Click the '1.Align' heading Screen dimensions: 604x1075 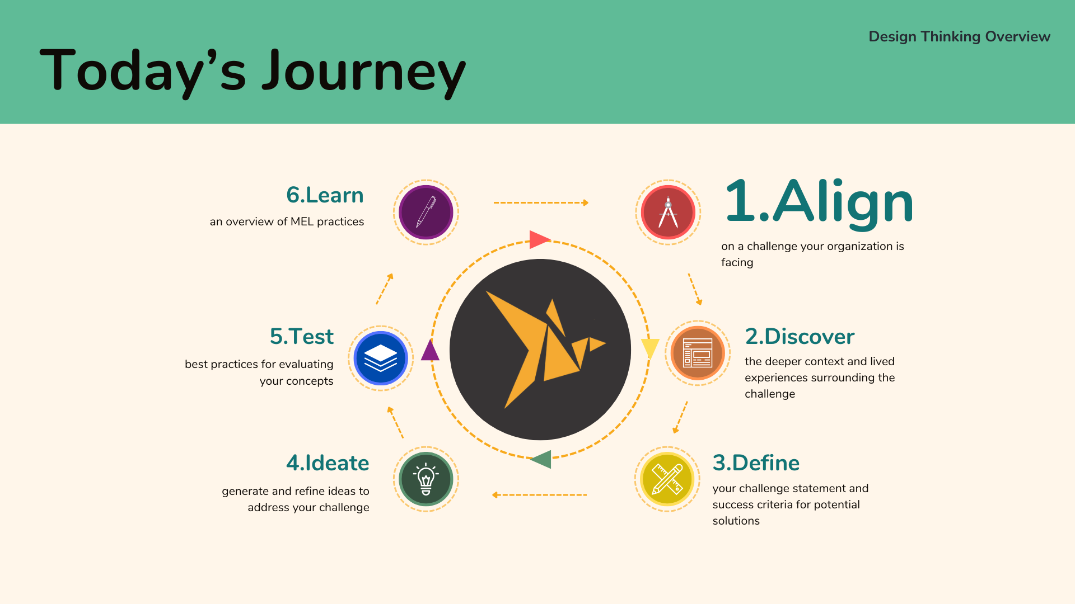click(819, 202)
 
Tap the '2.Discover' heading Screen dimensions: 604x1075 click(800, 337)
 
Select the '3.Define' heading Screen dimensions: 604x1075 click(756, 463)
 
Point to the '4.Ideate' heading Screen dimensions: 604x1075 click(328, 463)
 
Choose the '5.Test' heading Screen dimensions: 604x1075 click(301, 337)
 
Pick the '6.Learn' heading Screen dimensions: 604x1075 click(325, 195)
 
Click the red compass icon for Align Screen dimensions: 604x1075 click(668, 213)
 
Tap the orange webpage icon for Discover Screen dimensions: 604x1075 click(698, 353)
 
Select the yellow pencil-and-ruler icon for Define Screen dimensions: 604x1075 click(667, 479)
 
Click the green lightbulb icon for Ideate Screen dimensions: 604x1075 click(426, 479)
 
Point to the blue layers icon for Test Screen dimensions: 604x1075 click(381, 358)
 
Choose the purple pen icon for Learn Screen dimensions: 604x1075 click(426, 213)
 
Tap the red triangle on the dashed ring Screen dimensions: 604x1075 click(539, 239)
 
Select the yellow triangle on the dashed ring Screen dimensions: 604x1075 click(649, 347)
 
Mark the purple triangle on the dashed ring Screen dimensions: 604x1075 click(430, 351)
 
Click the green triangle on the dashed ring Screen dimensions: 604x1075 click(542, 459)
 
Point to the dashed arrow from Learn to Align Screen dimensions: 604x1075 click(540, 202)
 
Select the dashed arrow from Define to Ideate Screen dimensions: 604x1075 click(539, 495)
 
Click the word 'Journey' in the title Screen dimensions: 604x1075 click(364, 72)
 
